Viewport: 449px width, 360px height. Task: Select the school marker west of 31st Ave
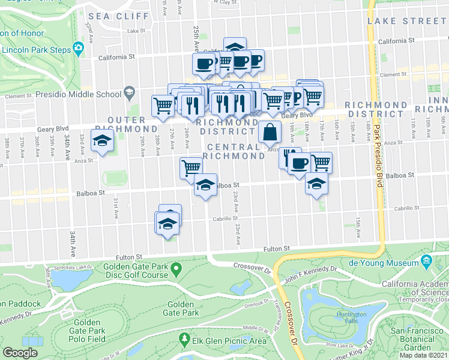[x=102, y=142]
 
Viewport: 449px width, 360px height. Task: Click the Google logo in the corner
[x=20, y=352]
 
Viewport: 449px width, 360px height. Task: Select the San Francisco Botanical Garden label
[x=418, y=339]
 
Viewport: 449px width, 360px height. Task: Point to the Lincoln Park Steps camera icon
[x=78, y=47]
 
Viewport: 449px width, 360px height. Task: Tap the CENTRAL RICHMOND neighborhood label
[x=234, y=151]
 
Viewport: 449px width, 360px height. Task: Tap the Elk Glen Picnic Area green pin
[x=185, y=340]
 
